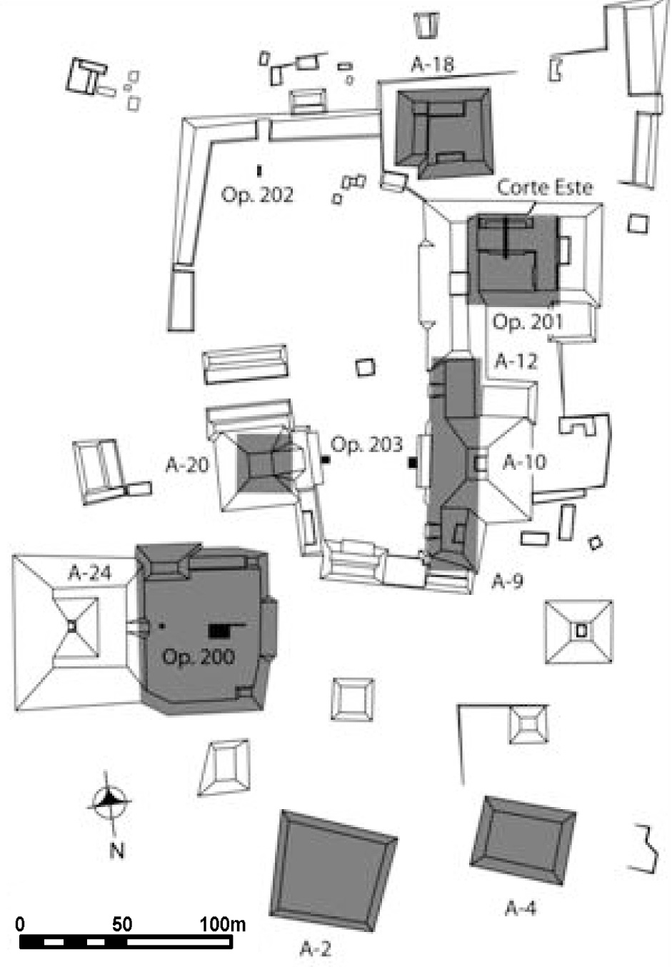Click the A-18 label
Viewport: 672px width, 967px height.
(x=432, y=64)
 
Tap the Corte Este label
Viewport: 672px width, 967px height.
(x=545, y=188)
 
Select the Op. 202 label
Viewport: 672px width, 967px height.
(x=257, y=195)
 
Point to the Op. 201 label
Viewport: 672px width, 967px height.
(x=528, y=322)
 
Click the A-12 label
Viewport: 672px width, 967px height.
(x=516, y=361)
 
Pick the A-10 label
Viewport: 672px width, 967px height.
(x=524, y=462)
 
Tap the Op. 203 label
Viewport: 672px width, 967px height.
(x=367, y=445)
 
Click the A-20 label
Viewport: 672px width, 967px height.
(x=187, y=465)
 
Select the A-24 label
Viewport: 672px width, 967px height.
(x=90, y=573)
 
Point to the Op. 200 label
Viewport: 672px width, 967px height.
(x=199, y=656)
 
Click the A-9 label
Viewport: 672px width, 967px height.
(x=507, y=581)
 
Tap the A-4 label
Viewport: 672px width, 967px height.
(x=521, y=908)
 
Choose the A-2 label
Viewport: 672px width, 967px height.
(x=315, y=948)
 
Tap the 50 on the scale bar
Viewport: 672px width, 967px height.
(x=121, y=924)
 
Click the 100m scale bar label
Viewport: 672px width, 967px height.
(x=222, y=924)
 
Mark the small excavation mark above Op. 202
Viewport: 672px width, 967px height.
(x=259, y=171)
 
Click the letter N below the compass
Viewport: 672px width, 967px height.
(x=117, y=850)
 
